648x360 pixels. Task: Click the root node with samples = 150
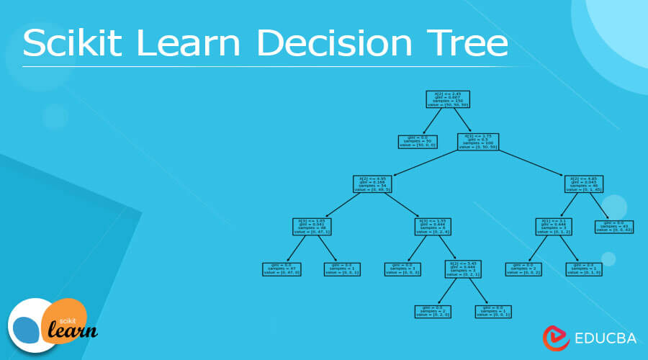tap(449, 99)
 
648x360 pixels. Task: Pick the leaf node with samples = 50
tap(418, 141)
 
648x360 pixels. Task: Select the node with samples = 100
tap(478, 141)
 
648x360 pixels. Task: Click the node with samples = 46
tap(582, 184)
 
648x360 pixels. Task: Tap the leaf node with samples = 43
tap(614, 227)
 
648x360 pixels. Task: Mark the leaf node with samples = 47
tap(282, 269)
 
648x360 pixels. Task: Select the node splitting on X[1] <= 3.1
tap(554, 227)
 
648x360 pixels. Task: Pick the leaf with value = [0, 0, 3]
tap(404, 269)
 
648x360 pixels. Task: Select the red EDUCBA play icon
tap(553, 336)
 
